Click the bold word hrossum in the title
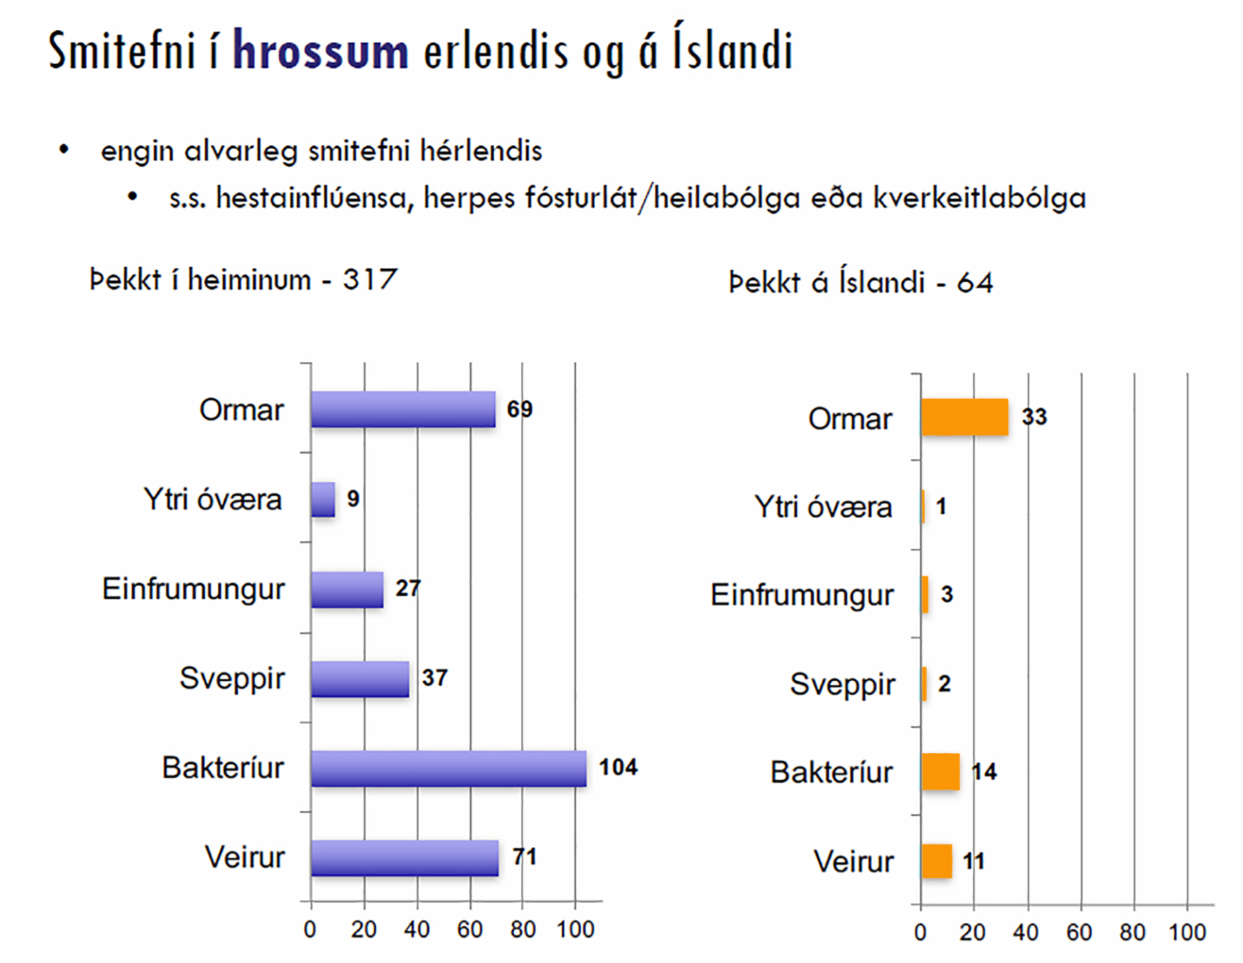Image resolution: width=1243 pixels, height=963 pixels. click(x=320, y=51)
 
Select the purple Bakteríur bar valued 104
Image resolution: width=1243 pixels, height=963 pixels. click(x=448, y=769)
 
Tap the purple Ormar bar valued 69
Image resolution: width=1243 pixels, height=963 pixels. click(x=403, y=409)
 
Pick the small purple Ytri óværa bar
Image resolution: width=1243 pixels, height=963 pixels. click(x=323, y=500)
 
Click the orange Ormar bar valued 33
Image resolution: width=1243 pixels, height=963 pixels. click(x=965, y=417)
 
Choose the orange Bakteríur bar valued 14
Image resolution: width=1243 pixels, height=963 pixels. click(x=940, y=771)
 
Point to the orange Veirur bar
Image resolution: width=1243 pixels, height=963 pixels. click(x=936, y=861)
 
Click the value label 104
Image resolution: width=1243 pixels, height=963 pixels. click(x=618, y=767)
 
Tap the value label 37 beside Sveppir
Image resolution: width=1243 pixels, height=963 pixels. click(x=434, y=678)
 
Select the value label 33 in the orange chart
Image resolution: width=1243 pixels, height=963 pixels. click(x=1034, y=417)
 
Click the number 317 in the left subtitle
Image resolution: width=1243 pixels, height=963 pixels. click(x=370, y=280)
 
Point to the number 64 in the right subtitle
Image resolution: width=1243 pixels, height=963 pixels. click(x=975, y=283)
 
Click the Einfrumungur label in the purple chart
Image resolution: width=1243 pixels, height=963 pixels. click(x=194, y=589)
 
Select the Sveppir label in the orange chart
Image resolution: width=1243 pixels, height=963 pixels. click(x=842, y=684)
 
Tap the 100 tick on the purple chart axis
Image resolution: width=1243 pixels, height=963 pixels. click(x=575, y=930)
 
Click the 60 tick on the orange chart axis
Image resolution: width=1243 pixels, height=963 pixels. click(x=1079, y=933)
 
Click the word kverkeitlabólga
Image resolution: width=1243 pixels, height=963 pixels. click(x=979, y=198)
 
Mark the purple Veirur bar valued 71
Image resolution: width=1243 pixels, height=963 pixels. click(x=405, y=858)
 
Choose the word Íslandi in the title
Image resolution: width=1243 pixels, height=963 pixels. click(x=732, y=51)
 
